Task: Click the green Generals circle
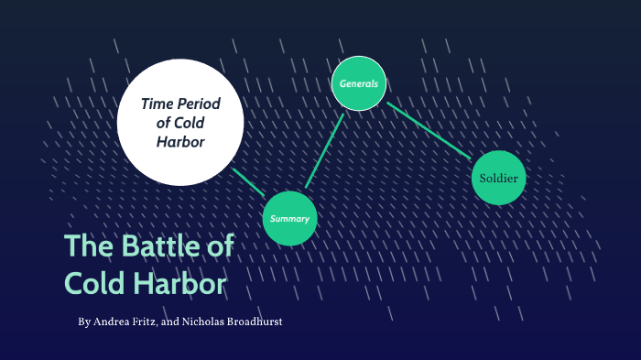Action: (359, 83)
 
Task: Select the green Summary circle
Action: (289, 219)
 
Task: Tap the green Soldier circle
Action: (499, 178)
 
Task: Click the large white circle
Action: (180, 119)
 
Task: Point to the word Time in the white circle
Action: (158, 104)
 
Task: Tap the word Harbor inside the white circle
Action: (180, 142)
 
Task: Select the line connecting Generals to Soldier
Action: (430, 129)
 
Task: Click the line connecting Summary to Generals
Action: (324, 152)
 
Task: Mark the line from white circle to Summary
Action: (248, 181)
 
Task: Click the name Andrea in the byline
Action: (112, 323)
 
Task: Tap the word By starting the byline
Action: (84, 323)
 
